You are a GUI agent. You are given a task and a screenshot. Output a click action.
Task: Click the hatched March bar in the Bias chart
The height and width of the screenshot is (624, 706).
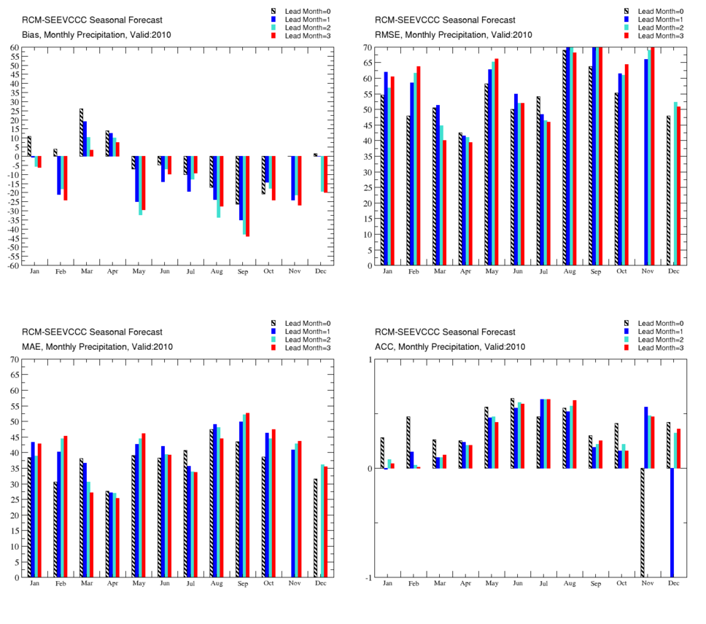click(82, 132)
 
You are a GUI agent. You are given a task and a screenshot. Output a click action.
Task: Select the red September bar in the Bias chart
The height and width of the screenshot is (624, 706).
click(248, 196)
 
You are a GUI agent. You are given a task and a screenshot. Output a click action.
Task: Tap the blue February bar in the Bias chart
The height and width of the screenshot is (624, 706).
click(59, 176)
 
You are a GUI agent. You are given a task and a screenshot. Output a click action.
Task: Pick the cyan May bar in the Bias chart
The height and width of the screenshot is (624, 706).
click(141, 185)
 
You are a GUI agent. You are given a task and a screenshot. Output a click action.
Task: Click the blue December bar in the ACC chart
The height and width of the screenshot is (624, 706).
click(672, 523)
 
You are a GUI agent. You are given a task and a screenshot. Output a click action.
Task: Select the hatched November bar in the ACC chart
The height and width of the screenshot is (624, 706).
click(643, 523)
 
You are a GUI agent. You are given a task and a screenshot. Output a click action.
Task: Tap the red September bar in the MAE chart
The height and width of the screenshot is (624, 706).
click(248, 495)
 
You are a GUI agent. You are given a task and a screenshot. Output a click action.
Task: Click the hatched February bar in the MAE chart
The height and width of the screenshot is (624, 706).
click(55, 529)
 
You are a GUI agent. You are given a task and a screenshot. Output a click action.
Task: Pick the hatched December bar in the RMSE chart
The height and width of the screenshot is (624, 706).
click(669, 190)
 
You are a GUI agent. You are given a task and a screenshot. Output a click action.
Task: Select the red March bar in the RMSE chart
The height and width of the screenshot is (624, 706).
click(445, 203)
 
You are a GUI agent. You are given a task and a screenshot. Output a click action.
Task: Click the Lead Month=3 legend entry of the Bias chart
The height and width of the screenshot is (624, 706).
click(300, 36)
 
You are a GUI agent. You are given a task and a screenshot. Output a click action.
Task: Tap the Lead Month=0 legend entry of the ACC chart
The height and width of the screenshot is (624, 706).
click(653, 324)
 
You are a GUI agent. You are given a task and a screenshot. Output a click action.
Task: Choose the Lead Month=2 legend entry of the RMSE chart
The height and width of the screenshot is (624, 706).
click(653, 28)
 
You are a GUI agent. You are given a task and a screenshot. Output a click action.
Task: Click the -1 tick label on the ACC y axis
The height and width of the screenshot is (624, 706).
click(369, 577)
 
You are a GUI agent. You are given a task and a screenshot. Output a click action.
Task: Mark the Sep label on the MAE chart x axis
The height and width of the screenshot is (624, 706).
click(243, 583)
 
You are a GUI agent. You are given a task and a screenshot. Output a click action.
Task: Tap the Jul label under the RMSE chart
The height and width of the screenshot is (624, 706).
click(543, 271)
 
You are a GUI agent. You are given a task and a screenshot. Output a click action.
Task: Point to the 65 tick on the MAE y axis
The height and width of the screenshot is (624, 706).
click(15, 375)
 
